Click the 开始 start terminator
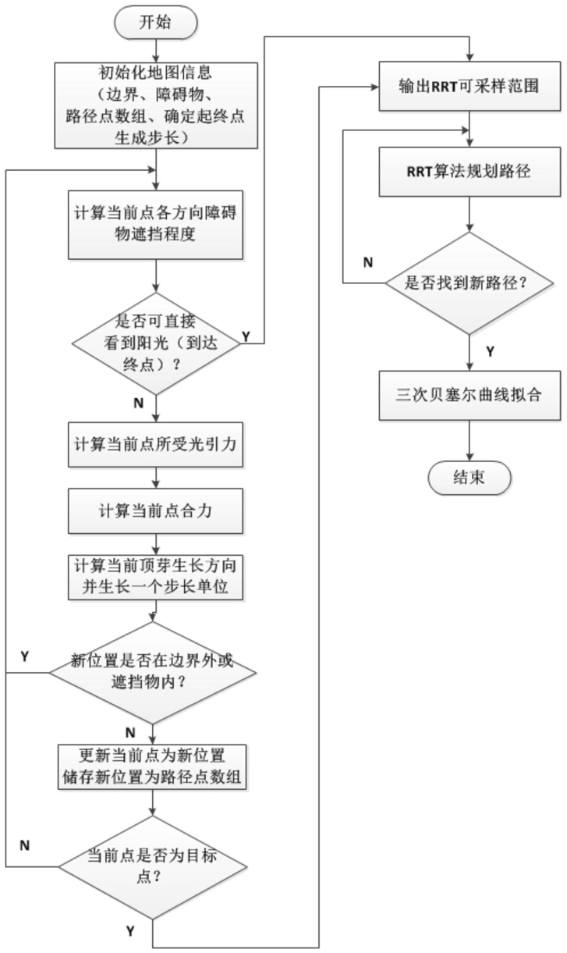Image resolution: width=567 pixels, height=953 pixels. (x=156, y=22)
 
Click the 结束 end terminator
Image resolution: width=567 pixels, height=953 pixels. (x=468, y=477)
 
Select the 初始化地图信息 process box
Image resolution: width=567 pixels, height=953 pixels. (x=157, y=105)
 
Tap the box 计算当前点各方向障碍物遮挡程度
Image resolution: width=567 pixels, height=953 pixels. (x=157, y=225)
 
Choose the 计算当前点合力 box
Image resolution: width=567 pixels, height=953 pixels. (x=157, y=511)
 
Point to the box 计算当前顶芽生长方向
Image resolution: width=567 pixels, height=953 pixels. (x=157, y=577)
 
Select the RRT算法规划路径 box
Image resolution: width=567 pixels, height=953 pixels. (x=469, y=171)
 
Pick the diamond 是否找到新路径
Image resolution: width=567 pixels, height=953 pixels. (x=469, y=283)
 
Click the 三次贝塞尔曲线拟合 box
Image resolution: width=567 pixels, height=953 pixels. (x=469, y=394)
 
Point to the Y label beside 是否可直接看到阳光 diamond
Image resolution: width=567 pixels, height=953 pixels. (x=246, y=336)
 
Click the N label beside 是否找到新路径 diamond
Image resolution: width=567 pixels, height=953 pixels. (x=368, y=261)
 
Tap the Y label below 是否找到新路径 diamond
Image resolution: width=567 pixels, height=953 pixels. (x=490, y=351)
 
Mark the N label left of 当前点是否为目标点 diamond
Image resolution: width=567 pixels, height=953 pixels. (x=26, y=845)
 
